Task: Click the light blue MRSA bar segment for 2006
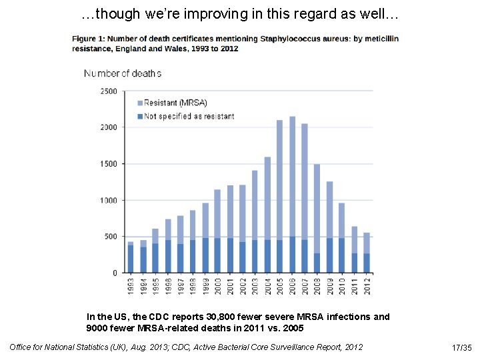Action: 293,177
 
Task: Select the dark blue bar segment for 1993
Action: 131,259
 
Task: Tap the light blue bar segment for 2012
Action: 367,243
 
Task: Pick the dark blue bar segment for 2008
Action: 317,263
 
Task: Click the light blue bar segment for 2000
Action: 217,214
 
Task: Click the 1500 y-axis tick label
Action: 109,164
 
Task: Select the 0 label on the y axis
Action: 115,273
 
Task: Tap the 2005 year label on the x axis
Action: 280,287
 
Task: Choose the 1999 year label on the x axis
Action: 205,287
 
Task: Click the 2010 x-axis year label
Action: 342,287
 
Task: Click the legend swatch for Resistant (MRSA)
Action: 140,103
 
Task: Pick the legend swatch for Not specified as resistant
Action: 140,116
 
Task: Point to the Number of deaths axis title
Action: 123,73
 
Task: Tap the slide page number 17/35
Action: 461,348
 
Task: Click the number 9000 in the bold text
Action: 97,328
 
